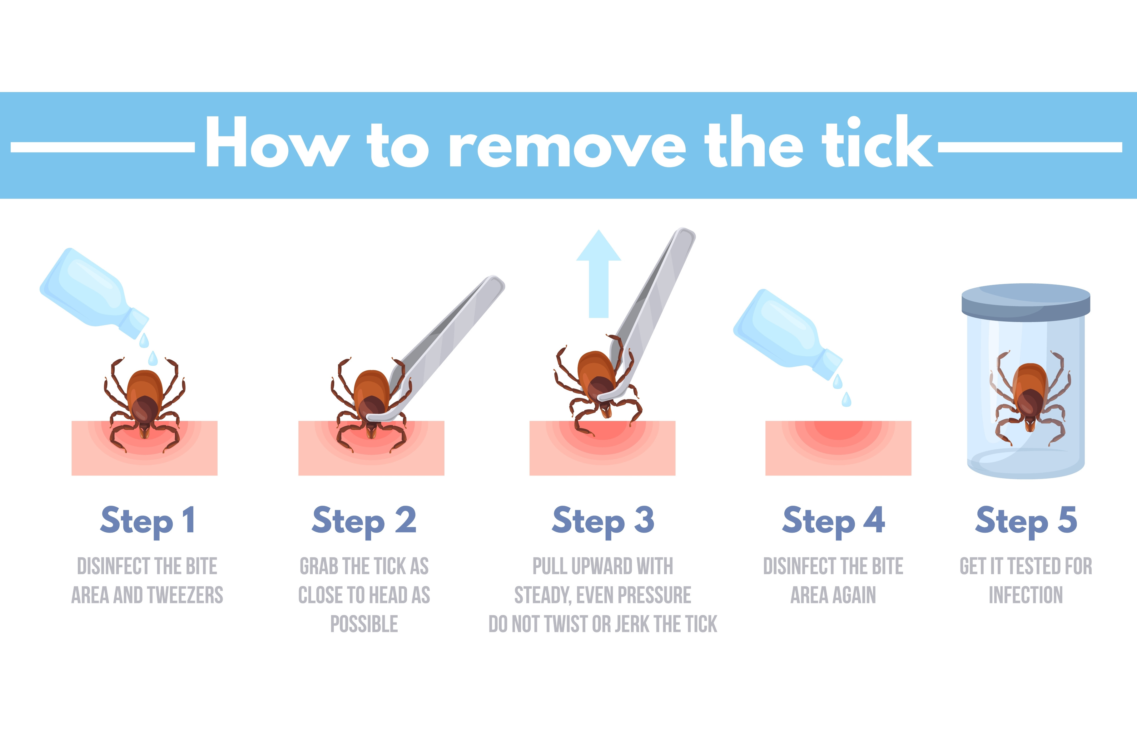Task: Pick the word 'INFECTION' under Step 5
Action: coord(1026,595)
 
